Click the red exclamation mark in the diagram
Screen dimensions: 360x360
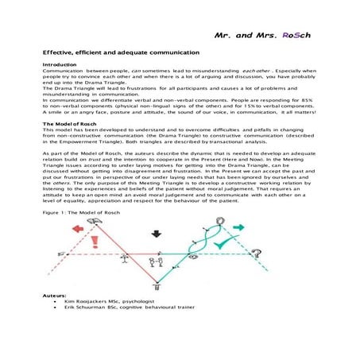(97, 241)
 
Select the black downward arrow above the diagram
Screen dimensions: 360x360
(156, 234)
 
